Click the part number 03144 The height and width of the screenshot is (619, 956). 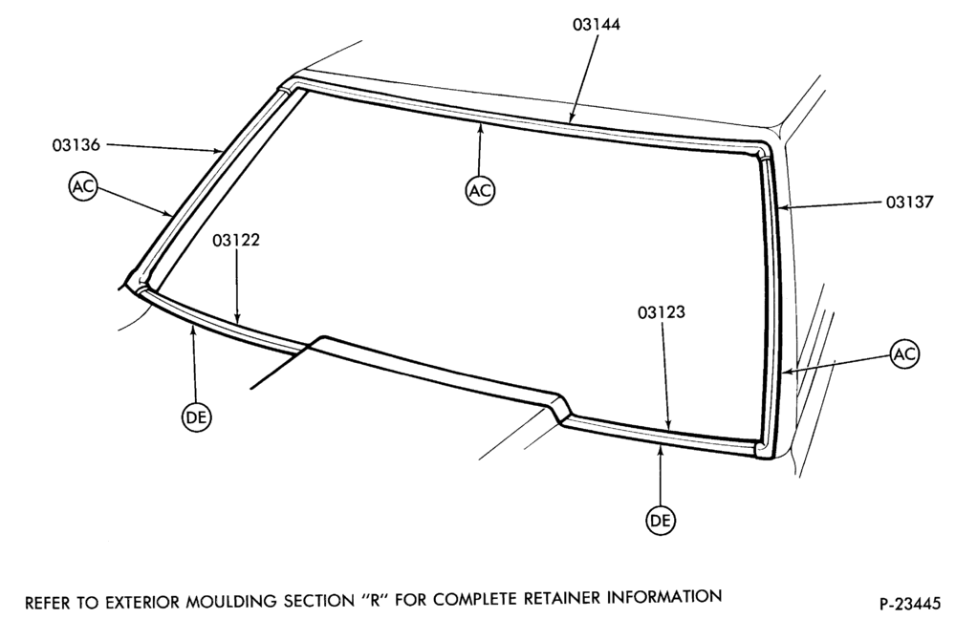pyautogui.click(x=597, y=25)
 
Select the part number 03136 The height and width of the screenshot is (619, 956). pyautogui.click(x=76, y=145)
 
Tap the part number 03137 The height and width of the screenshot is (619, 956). pyautogui.click(x=910, y=202)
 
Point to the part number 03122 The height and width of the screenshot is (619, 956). pyautogui.click(x=236, y=240)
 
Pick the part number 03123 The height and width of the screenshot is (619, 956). pyautogui.click(x=662, y=312)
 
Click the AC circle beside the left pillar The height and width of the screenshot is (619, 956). pyautogui.click(x=83, y=186)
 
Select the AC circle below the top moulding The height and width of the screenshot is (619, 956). pyautogui.click(x=480, y=191)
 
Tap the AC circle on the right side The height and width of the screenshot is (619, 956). pyautogui.click(x=904, y=354)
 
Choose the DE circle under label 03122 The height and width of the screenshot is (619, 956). pyautogui.click(x=196, y=417)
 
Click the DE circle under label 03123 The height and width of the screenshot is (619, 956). pyautogui.click(x=661, y=521)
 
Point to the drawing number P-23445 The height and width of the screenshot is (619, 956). pyautogui.click(x=910, y=605)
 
